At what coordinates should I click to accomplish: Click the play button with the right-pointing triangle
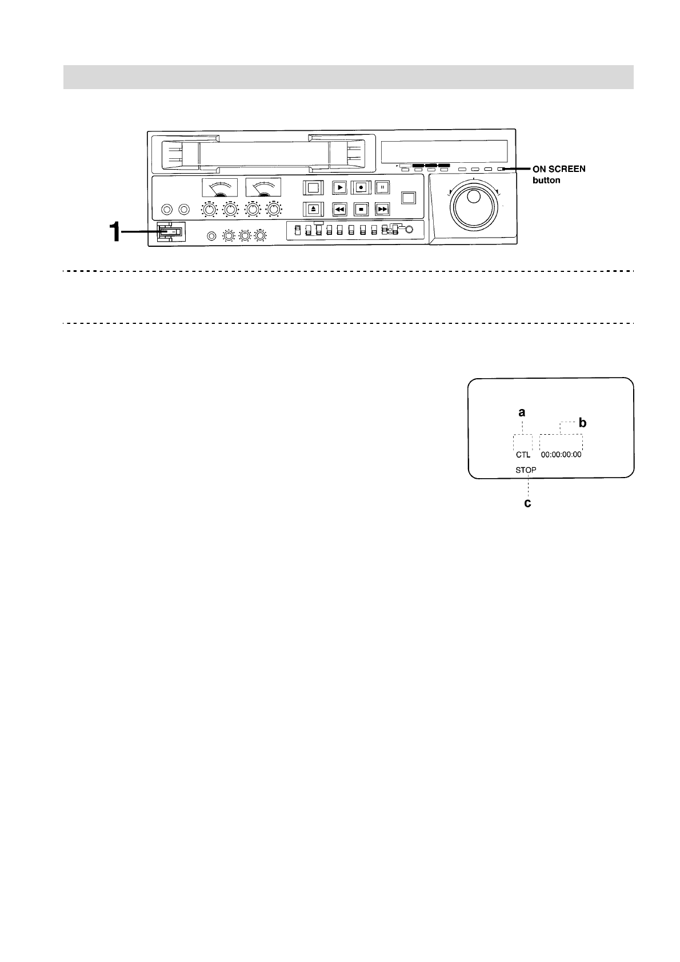(339, 187)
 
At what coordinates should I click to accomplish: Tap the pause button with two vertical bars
(382, 187)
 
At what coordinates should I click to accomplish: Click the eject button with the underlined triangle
(313, 209)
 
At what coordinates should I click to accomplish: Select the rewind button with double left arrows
(339, 209)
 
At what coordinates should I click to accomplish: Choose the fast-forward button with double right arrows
(382, 209)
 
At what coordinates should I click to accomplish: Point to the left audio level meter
(220, 187)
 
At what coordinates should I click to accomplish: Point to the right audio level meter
(263, 187)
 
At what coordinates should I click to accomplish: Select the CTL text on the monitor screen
(523, 455)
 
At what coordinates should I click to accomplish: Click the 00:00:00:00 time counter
(561, 455)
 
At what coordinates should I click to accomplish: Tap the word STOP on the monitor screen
(526, 470)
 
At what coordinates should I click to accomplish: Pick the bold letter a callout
(522, 412)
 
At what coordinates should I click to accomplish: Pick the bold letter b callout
(582, 423)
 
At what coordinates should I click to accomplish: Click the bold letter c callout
(528, 503)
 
